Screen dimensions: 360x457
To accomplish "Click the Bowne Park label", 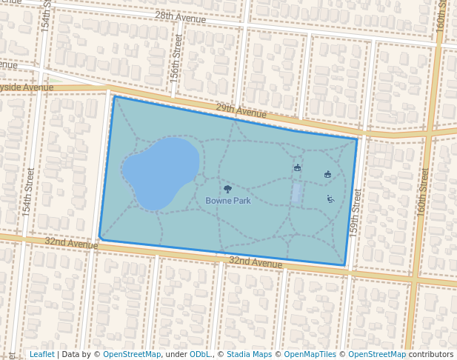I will (x=228, y=201).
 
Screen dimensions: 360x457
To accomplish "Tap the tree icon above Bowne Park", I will (x=227, y=189).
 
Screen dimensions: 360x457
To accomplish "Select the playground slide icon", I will (x=330, y=199).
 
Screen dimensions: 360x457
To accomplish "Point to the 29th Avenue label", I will (x=241, y=111).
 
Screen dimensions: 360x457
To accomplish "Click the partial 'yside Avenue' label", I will (x=27, y=87).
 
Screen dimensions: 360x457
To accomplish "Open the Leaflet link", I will (x=41, y=355).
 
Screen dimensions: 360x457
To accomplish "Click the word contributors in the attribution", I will (x=430, y=355).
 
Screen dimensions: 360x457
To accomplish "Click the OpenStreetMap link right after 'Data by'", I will (x=132, y=355).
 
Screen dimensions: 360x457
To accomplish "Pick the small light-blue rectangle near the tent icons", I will (x=296, y=193).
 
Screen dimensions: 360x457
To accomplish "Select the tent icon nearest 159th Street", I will (x=327, y=174).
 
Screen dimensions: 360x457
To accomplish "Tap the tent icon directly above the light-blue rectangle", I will (x=297, y=168).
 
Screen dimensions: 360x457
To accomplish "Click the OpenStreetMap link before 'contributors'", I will (x=377, y=355).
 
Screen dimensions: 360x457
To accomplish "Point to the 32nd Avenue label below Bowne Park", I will (x=255, y=261).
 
